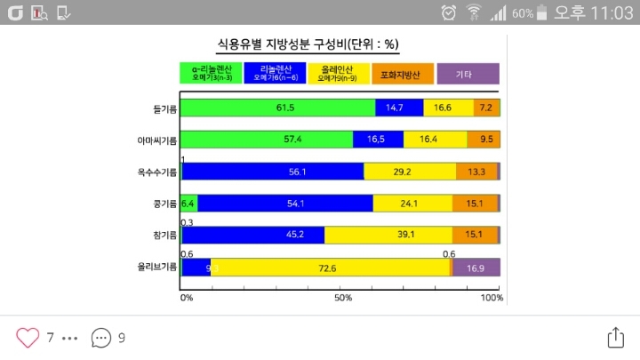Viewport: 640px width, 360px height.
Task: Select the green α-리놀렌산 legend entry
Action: tap(212, 73)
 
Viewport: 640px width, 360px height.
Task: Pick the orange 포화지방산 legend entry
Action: tap(402, 73)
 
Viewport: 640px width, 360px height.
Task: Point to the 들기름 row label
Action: tap(164, 108)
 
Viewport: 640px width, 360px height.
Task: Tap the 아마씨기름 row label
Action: tap(157, 140)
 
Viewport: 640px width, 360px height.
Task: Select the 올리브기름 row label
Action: tap(157, 267)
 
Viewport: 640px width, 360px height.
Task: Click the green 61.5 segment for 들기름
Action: tap(277, 108)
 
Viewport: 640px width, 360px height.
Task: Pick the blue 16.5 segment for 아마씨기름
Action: tap(378, 140)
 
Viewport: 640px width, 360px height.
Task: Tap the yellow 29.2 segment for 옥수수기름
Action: tap(410, 172)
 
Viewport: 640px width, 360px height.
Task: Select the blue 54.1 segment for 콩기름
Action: tap(285, 204)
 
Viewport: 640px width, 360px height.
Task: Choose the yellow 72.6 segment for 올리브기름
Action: tap(331, 267)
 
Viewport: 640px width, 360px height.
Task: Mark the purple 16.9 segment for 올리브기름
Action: tap(476, 267)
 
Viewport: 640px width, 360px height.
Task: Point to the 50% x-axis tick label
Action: tap(343, 298)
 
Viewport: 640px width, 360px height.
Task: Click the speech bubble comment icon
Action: tap(102, 338)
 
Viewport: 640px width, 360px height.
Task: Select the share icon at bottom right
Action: tap(616, 338)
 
